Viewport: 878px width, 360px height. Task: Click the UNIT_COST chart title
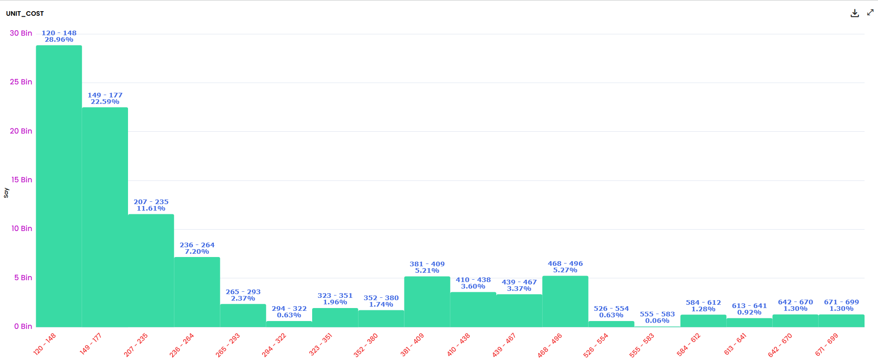[x=25, y=13]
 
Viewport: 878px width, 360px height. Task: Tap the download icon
[x=854, y=13]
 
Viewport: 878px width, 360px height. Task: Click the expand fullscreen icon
[x=870, y=13]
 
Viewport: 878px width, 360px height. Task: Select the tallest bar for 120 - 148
[x=59, y=186]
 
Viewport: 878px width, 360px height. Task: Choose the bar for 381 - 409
[x=427, y=302]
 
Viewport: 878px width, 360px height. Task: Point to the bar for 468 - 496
[x=565, y=302]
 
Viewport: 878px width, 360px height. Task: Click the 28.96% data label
[x=59, y=40]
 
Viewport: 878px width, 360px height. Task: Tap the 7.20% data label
[x=197, y=252]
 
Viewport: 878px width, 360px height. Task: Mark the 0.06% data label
[x=657, y=321]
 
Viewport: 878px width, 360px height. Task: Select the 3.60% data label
[x=473, y=287]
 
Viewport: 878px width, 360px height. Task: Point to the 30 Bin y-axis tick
[x=21, y=33]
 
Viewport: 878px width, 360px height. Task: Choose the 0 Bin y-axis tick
[x=23, y=327]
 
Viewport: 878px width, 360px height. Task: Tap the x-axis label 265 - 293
[x=228, y=345]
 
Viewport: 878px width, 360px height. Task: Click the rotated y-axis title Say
[x=6, y=193]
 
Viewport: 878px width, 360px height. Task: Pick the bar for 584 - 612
[x=703, y=321]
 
